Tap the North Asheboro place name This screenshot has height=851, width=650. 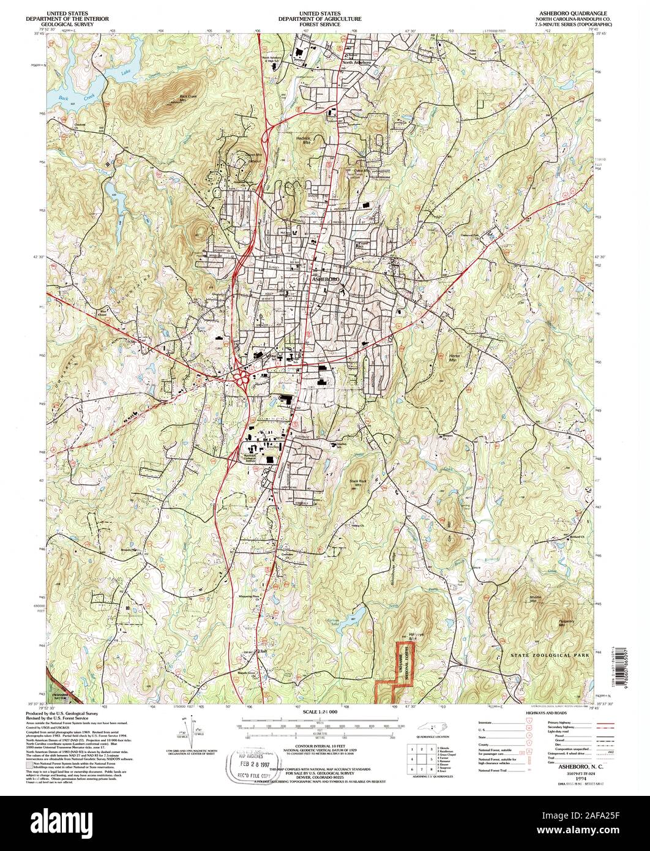click(x=357, y=62)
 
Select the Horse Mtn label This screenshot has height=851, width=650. click(x=454, y=359)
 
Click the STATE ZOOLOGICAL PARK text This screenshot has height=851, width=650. click(x=550, y=655)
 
